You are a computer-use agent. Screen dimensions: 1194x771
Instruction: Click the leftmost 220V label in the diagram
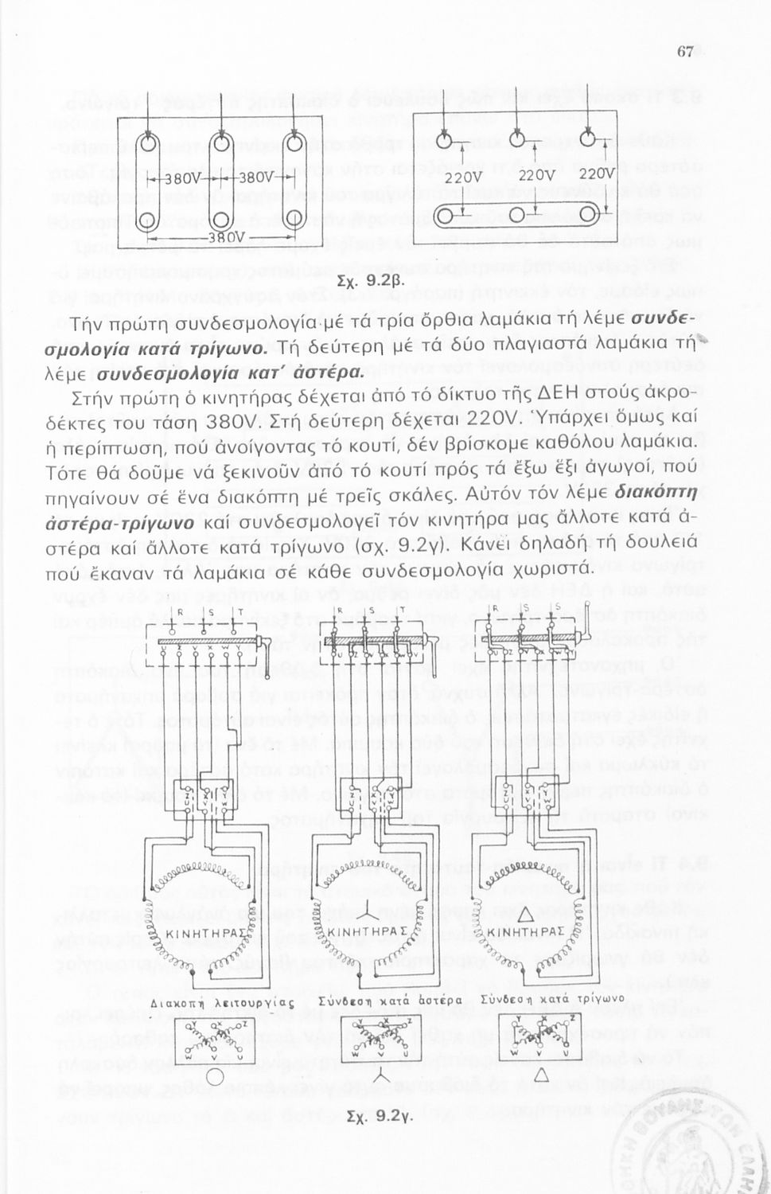463,177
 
